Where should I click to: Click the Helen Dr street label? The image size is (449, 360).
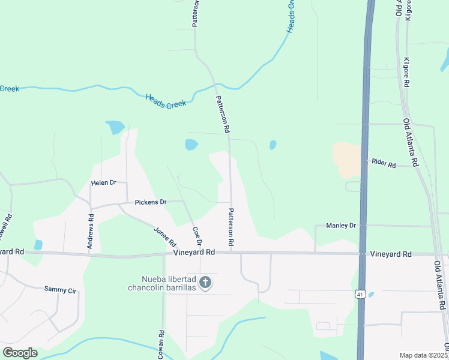click(x=103, y=182)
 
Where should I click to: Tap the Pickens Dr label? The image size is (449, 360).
click(x=150, y=202)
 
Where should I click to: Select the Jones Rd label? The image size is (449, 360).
click(x=165, y=237)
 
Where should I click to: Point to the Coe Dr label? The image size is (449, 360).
click(x=196, y=236)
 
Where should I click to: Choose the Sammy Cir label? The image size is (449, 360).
click(x=61, y=290)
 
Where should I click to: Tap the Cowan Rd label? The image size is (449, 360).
click(x=161, y=344)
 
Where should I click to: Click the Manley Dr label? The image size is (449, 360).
click(x=341, y=226)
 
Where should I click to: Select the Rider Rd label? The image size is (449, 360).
click(x=384, y=163)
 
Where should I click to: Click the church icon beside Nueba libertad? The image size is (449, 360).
click(x=205, y=282)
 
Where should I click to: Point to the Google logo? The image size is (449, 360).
click(x=20, y=353)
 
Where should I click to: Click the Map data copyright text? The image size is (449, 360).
click(x=424, y=355)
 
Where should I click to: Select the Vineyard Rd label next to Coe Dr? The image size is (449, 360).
click(x=194, y=253)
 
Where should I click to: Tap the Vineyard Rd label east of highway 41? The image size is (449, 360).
click(x=390, y=254)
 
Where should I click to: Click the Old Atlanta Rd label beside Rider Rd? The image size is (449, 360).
click(x=411, y=142)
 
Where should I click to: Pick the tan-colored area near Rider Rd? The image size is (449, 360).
click(x=346, y=159)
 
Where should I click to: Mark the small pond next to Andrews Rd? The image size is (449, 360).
click(x=38, y=245)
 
